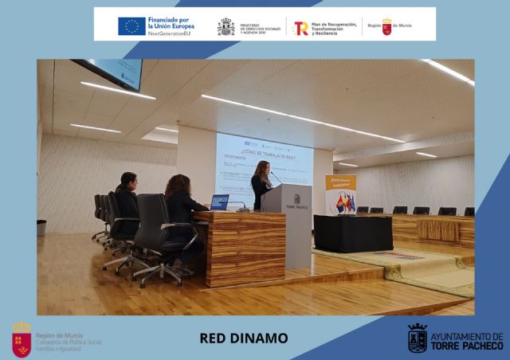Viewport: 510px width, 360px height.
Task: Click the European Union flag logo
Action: point(131,26)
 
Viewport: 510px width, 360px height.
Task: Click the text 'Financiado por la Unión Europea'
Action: point(170,24)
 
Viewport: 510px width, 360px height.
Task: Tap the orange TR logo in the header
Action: point(300,28)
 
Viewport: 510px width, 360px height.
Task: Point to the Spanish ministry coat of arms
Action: point(226,27)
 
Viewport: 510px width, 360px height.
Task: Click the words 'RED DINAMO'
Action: point(243,338)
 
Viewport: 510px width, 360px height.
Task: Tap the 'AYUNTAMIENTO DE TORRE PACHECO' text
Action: point(466,341)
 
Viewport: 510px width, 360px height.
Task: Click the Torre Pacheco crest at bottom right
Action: point(417,338)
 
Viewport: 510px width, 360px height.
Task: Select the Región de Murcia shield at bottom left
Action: point(22,339)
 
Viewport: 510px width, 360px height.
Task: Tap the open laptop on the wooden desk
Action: point(220,202)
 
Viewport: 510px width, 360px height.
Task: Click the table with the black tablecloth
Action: point(352,233)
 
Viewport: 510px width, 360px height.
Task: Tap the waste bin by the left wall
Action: point(41,229)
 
